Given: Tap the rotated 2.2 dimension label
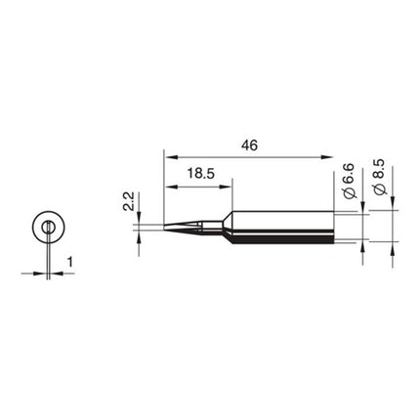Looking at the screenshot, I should click(128, 202).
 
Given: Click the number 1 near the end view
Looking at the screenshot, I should click(69, 262).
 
